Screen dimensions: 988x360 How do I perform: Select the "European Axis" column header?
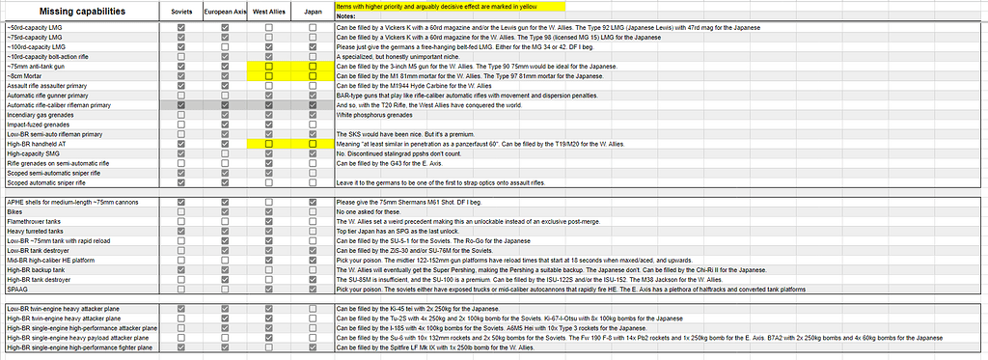pyautogui.click(x=225, y=11)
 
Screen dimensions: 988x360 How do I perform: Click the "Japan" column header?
pyautogui.click(x=313, y=11)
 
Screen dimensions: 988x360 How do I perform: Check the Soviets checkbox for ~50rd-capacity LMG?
pyautogui.click(x=180, y=28)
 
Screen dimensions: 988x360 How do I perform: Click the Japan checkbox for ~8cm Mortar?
pyautogui.click(x=313, y=75)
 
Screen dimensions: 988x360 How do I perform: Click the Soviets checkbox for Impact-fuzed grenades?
pyautogui.click(x=180, y=124)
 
